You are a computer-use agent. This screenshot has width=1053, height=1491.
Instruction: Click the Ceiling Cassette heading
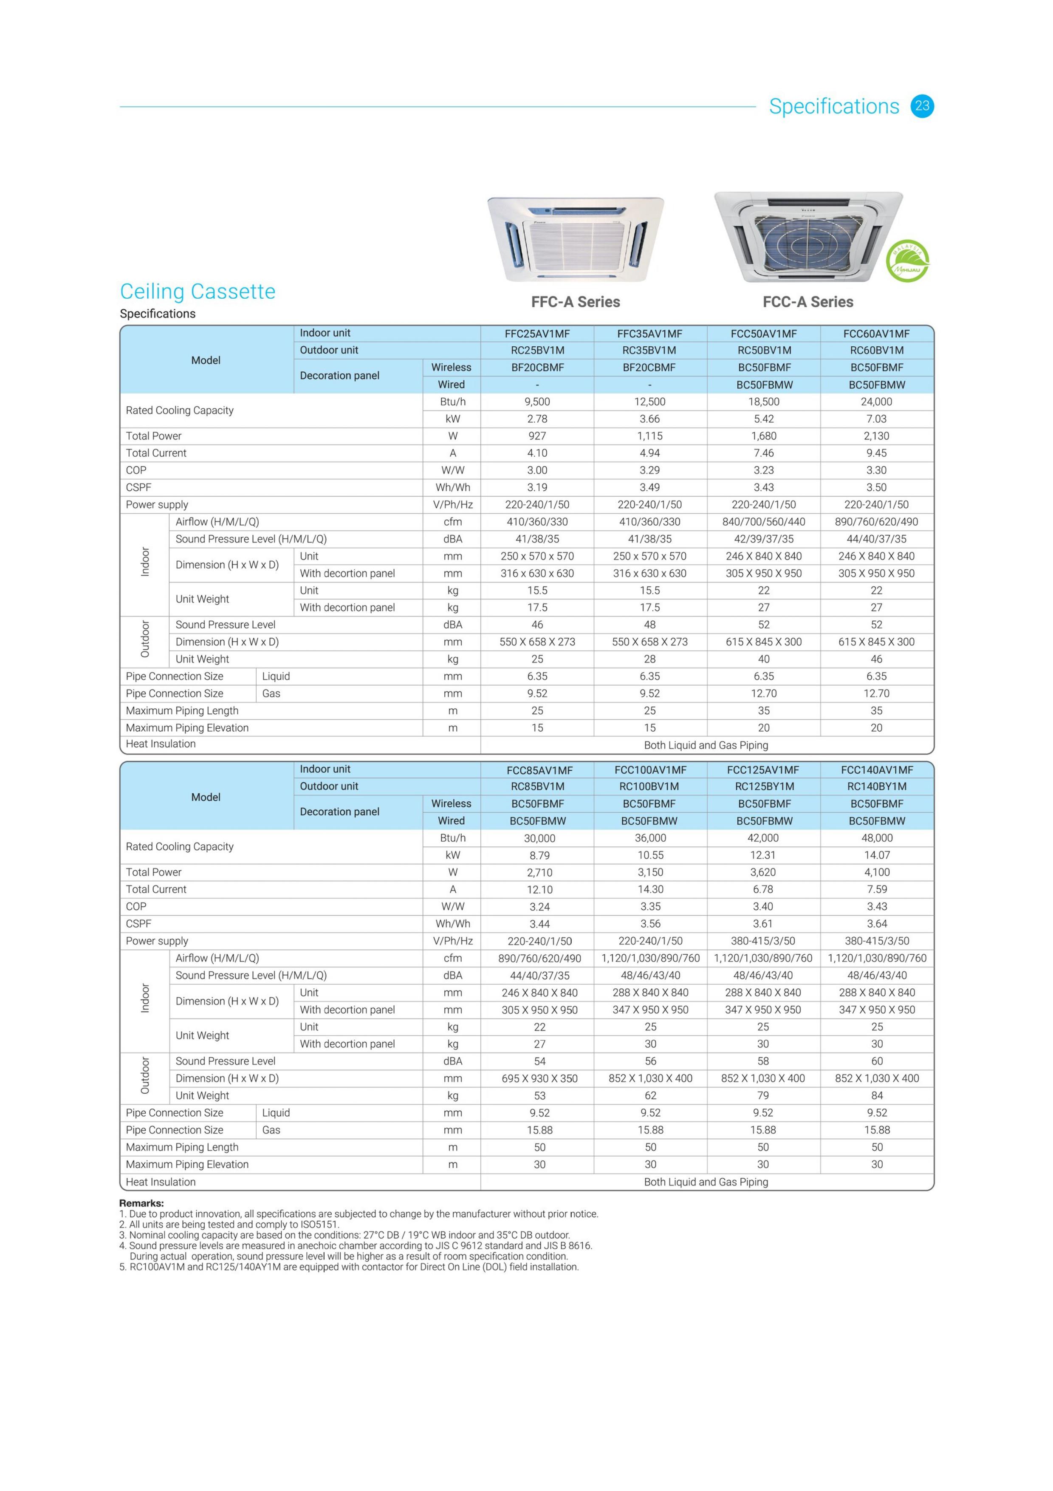(x=198, y=291)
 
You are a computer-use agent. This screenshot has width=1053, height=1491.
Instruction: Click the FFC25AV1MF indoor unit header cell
(x=537, y=334)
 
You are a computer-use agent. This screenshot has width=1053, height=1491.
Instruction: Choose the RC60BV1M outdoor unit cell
(x=876, y=351)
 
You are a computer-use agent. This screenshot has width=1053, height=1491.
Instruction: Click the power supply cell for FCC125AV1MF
(x=763, y=941)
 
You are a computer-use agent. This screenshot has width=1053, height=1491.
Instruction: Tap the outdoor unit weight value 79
(x=763, y=1095)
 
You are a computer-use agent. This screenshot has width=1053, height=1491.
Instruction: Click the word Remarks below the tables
(x=141, y=1203)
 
